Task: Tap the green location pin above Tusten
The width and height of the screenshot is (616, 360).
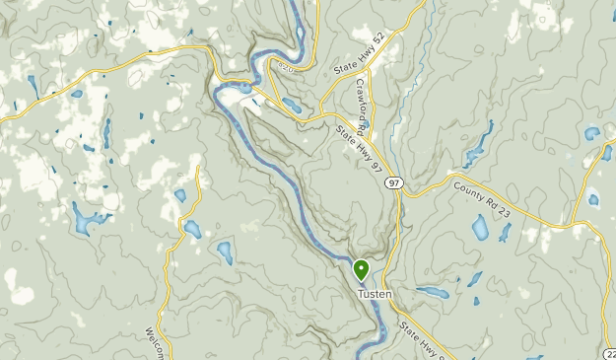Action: point(361,269)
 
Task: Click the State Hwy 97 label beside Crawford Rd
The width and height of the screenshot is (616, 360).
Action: point(359,148)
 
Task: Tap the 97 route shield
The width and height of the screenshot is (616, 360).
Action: point(394,183)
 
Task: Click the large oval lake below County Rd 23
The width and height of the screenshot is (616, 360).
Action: point(480,229)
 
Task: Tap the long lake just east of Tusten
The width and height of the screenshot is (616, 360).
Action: point(432,293)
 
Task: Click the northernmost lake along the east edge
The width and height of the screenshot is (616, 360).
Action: point(592,133)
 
